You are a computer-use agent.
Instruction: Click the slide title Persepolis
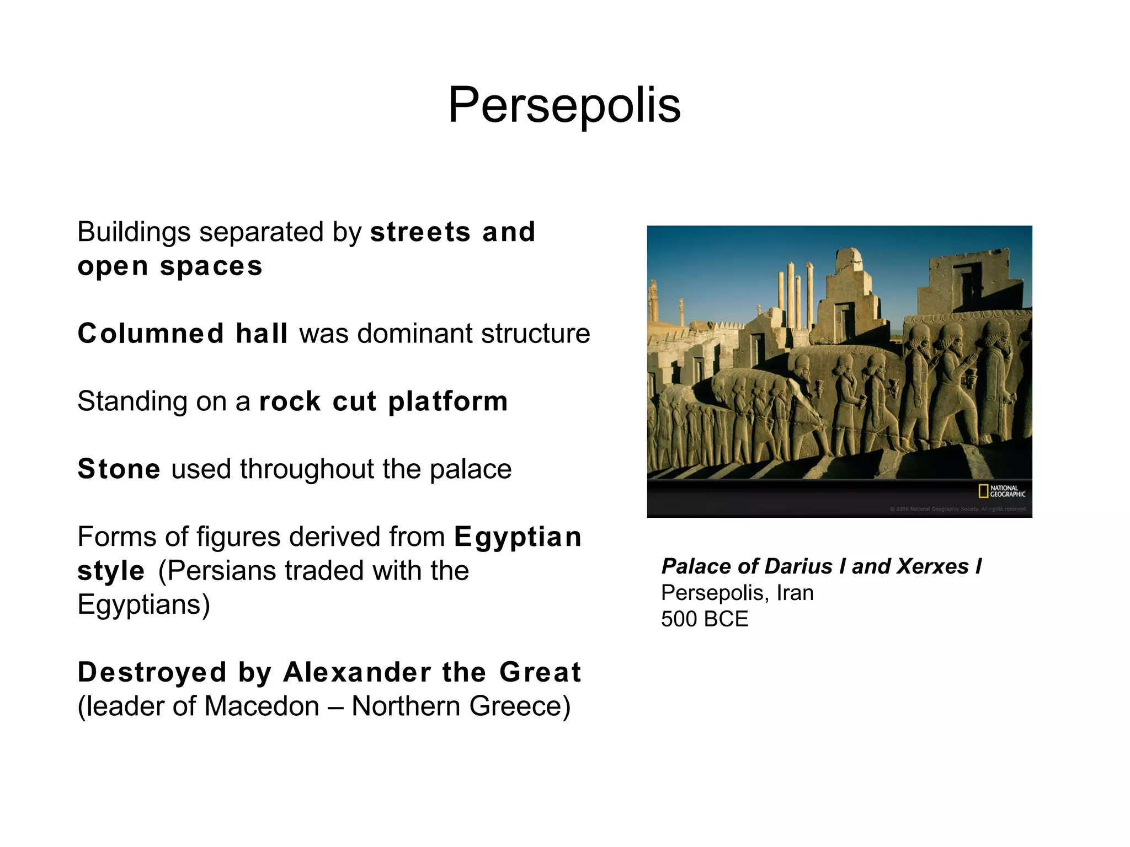[x=564, y=105]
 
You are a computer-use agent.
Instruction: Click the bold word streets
[x=420, y=232]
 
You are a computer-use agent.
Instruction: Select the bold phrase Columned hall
[x=183, y=334]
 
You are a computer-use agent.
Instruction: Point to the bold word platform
[x=447, y=401]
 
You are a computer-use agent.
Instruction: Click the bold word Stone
[x=119, y=469]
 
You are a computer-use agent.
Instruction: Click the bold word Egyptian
[x=518, y=537]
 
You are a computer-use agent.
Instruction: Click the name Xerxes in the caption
[x=932, y=566]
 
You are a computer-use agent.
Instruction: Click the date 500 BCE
[x=705, y=619]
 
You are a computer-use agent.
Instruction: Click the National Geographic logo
[x=1001, y=491]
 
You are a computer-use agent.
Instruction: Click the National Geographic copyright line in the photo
[x=958, y=509]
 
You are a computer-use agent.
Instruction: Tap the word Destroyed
[x=152, y=672]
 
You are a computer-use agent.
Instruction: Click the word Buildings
[x=134, y=232]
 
